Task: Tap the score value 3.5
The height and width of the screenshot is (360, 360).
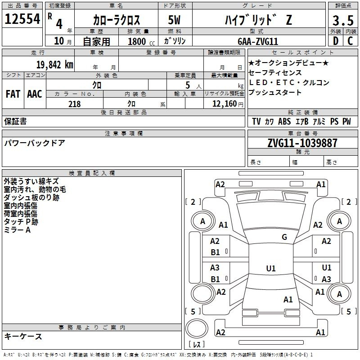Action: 342,20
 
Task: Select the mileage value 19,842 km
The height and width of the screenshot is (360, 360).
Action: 54,64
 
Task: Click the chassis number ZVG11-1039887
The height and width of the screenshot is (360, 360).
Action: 302,143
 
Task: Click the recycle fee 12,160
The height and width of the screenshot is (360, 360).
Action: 224,104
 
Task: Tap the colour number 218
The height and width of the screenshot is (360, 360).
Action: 74,104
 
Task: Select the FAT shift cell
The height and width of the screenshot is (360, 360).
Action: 13,94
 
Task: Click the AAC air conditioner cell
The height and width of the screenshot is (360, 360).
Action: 35,94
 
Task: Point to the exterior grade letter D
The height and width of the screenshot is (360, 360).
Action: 335,41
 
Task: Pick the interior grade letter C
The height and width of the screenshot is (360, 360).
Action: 350,41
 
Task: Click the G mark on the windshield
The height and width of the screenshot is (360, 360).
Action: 284,237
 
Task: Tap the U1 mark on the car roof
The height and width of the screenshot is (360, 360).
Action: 270,269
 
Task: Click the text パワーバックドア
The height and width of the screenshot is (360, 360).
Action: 35,143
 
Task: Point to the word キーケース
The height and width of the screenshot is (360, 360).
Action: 23,336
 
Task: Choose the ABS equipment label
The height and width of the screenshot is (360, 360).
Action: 284,121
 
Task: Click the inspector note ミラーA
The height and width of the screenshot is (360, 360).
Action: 17,230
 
